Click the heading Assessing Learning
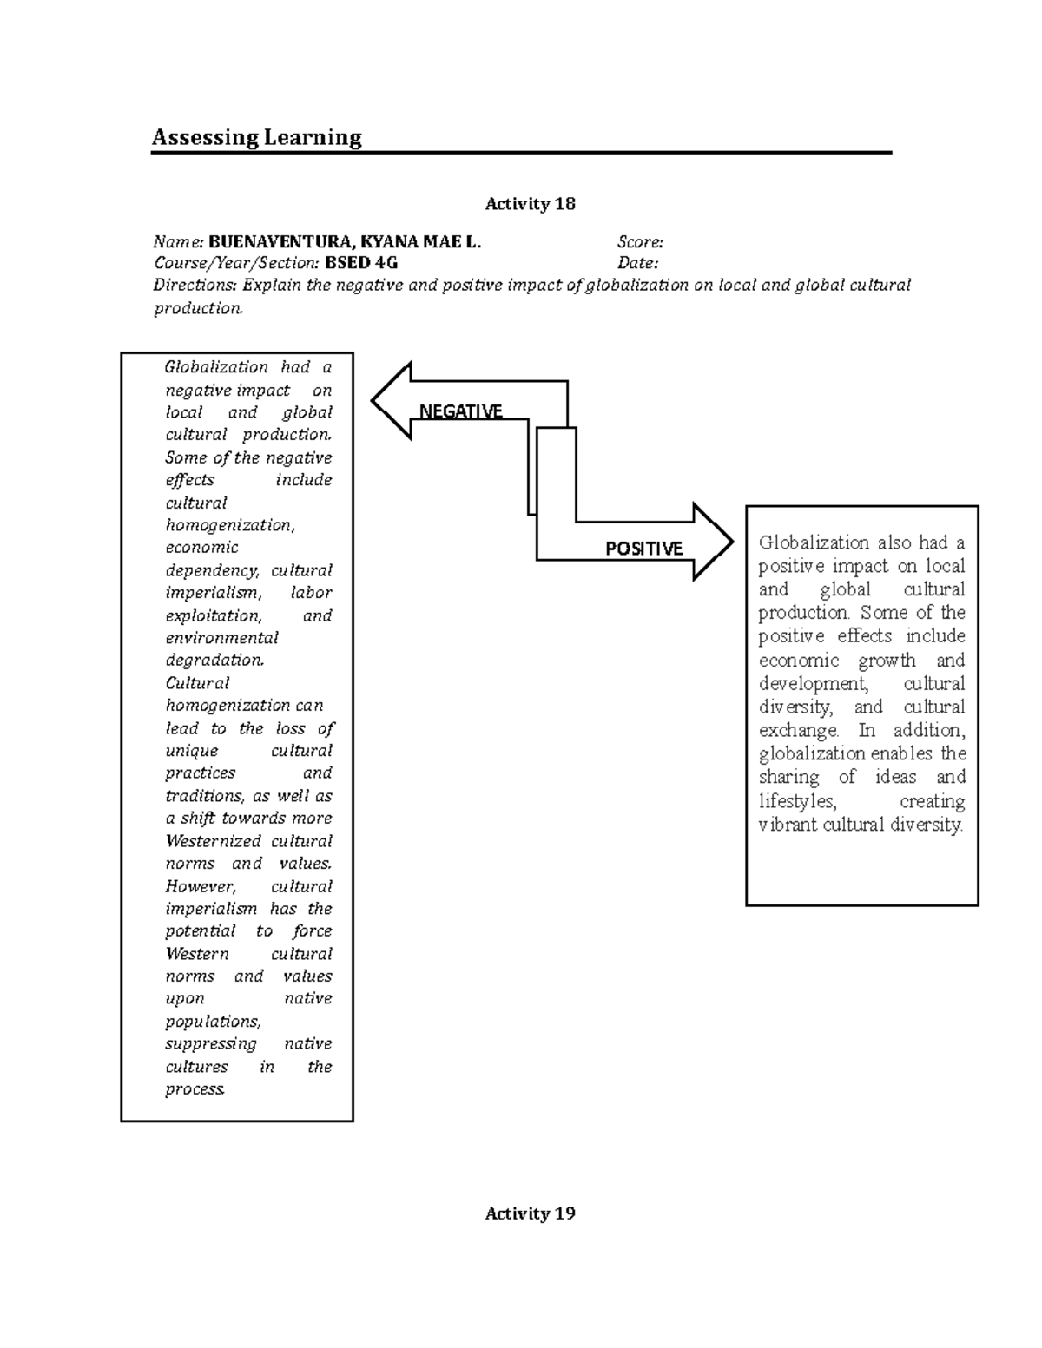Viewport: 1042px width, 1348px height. pos(256,137)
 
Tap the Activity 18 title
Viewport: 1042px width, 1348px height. pos(530,204)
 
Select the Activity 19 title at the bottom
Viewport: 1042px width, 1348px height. pos(530,1213)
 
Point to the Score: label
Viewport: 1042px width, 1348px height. pos(640,242)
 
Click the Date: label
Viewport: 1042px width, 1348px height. pos(637,263)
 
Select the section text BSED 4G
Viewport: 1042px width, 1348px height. pos(361,263)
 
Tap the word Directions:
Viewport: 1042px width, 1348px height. pos(195,285)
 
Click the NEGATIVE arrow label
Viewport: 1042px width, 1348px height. pos(460,411)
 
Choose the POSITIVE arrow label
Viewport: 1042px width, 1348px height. pos(643,549)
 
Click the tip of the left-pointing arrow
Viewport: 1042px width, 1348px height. pos(374,400)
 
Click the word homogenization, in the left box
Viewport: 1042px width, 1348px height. pos(230,525)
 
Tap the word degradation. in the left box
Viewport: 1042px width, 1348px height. pos(214,661)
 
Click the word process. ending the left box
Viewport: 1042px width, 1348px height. pos(195,1089)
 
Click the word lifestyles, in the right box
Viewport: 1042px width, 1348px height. pos(797,801)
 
